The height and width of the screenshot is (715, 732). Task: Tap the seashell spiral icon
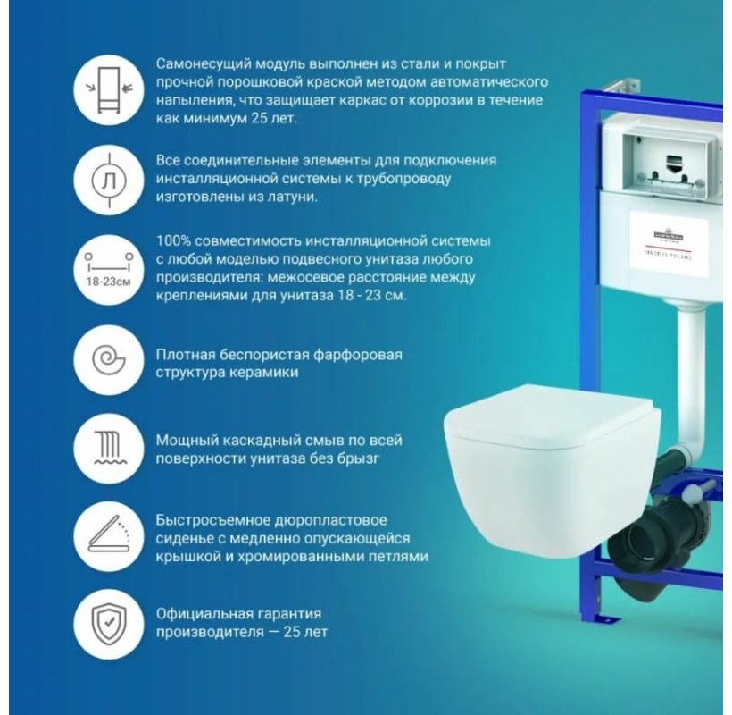pyautogui.click(x=106, y=359)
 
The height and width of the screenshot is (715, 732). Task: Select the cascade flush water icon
pyautogui.click(x=106, y=447)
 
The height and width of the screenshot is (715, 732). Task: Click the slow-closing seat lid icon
pyautogui.click(x=106, y=535)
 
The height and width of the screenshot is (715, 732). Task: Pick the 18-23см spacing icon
pyautogui.click(x=106, y=265)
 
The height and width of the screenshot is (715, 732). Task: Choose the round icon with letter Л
pyautogui.click(x=106, y=178)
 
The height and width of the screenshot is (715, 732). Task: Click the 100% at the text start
pyautogui.click(x=173, y=240)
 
